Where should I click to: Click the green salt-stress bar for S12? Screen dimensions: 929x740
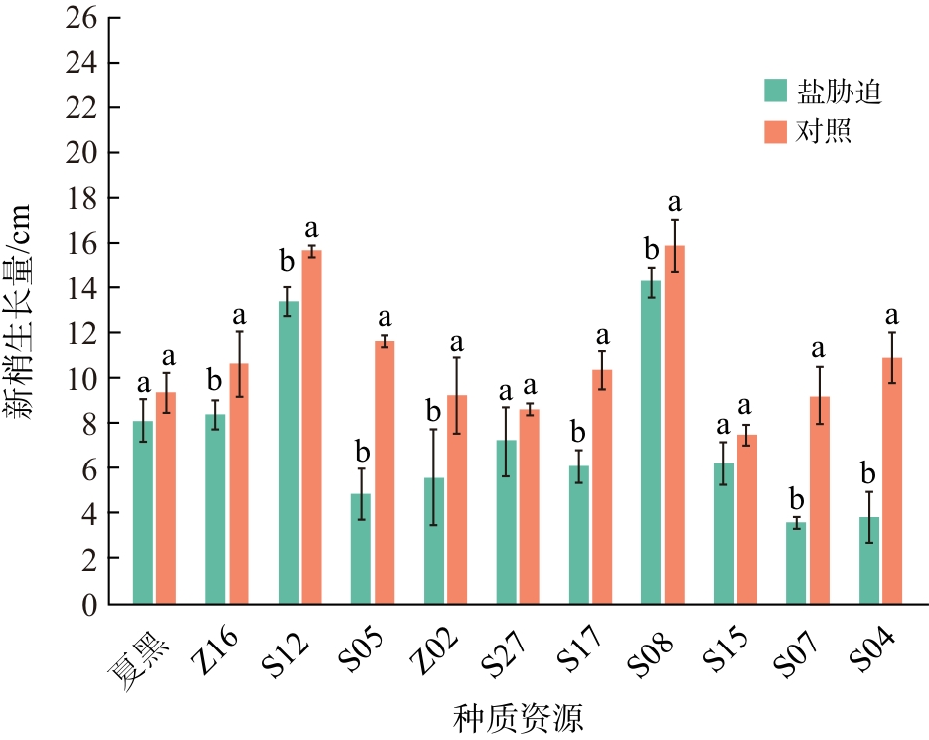288,453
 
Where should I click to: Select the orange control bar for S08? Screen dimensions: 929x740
675,425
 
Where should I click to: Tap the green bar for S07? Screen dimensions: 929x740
796,563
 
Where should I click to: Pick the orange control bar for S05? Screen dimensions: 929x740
385,472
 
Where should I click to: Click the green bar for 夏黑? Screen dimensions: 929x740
143,512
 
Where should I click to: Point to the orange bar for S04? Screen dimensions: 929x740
892,480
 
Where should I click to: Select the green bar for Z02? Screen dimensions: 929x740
433,541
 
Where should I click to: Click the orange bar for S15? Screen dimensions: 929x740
747,519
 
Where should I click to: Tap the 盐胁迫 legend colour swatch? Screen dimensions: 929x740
775,91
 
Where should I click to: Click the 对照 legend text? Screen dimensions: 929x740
823,131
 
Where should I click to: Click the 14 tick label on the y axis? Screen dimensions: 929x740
81,288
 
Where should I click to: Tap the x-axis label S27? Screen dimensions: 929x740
505,653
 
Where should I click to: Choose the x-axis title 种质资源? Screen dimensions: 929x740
519,718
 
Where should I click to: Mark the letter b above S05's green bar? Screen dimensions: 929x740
362,452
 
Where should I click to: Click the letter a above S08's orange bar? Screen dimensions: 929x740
675,203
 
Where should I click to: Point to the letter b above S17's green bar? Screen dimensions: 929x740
578,433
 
